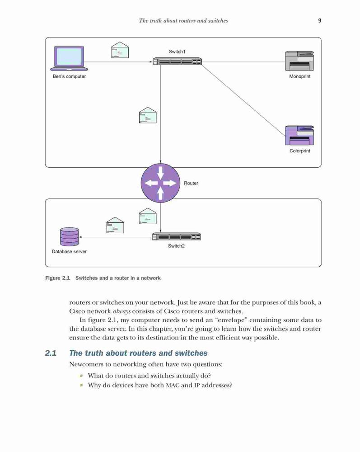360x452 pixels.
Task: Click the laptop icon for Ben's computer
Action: [x=69, y=58]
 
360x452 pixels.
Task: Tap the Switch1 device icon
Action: [x=177, y=61]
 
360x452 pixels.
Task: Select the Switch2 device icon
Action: [x=176, y=237]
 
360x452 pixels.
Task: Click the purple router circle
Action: [x=160, y=183]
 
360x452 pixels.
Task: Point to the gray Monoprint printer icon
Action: [x=299, y=61]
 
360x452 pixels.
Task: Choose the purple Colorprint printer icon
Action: [x=299, y=136]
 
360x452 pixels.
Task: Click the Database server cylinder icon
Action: [x=70, y=237]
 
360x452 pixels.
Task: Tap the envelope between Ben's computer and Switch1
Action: [x=120, y=50]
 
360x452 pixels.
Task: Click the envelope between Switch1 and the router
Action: [x=148, y=115]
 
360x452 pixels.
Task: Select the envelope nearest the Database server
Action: [x=115, y=225]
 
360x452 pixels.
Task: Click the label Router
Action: [x=191, y=183]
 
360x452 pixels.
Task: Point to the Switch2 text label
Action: [x=176, y=246]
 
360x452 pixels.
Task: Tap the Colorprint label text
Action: [x=300, y=151]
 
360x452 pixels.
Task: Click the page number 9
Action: [x=320, y=20]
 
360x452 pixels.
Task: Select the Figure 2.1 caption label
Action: [x=58, y=278]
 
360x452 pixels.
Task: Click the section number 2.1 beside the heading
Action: [x=51, y=353]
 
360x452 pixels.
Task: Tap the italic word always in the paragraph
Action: [x=122, y=311]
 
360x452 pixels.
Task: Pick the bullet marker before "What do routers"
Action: [x=81, y=376]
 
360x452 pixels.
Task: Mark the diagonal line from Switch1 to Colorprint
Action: [x=243, y=100]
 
